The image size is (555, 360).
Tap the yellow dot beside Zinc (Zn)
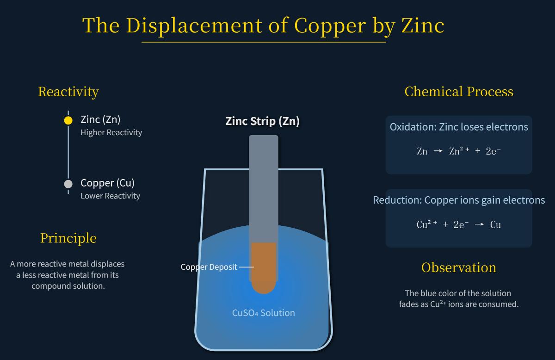click(x=68, y=120)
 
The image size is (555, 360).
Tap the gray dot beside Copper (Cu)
click(x=68, y=184)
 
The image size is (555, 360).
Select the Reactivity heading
click(x=68, y=92)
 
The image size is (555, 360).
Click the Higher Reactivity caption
click(x=111, y=132)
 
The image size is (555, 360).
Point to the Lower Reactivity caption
click(x=110, y=196)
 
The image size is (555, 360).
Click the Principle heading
click(x=68, y=238)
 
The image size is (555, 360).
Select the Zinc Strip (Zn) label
click(x=262, y=121)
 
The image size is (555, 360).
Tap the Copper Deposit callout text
click(x=209, y=267)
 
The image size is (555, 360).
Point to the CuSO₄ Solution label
click(x=263, y=313)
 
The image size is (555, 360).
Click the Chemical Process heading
click(x=459, y=92)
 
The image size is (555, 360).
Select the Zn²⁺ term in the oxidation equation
click(x=459, y=151)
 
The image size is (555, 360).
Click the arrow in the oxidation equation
click(x=438, y=151)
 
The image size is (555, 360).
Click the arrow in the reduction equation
click(x=480, y=225)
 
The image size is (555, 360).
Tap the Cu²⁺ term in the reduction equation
click(x=426, y=225)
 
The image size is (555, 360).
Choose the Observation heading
click(x=459, y=267)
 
